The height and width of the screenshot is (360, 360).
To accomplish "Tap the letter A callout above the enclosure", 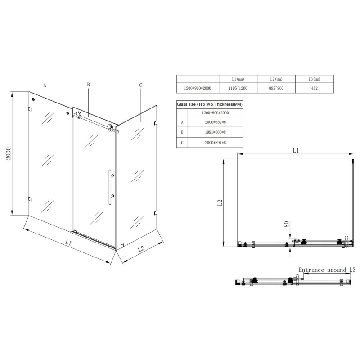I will (45, 85).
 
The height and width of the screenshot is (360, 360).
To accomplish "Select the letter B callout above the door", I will (89, 84).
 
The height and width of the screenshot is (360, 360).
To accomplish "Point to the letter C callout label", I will (140, 85).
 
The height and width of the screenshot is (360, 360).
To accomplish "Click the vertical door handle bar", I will (108, 187).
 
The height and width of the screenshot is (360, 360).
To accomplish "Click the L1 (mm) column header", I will (237, 79).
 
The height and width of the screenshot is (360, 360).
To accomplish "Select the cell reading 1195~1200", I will (237, 88).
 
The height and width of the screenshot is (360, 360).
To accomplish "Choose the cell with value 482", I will (315, 88).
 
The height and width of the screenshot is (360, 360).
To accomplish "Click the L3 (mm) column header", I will (315, 79).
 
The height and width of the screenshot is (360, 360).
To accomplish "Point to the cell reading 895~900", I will (276, 88).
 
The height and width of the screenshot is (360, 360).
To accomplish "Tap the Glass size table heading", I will (209, 104).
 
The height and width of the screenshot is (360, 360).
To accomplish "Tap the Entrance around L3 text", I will (327, 270).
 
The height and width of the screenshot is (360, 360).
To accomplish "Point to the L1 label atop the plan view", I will (295, 150).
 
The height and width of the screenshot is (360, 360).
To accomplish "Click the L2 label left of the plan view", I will (220, 203).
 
